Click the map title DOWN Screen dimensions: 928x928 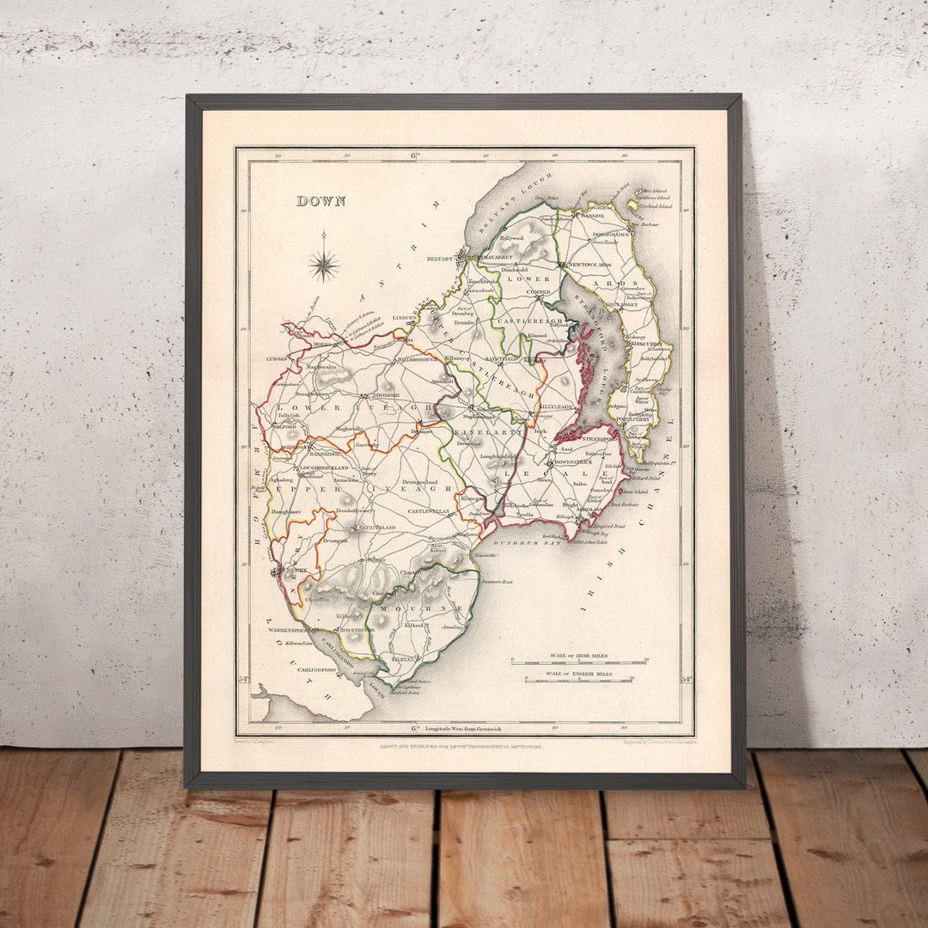pos(321,201)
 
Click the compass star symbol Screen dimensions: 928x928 pos(324,264)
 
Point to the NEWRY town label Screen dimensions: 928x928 pos(296,570)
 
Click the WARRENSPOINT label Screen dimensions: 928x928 pos(288,630)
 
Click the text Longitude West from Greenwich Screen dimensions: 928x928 pos(467,729)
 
